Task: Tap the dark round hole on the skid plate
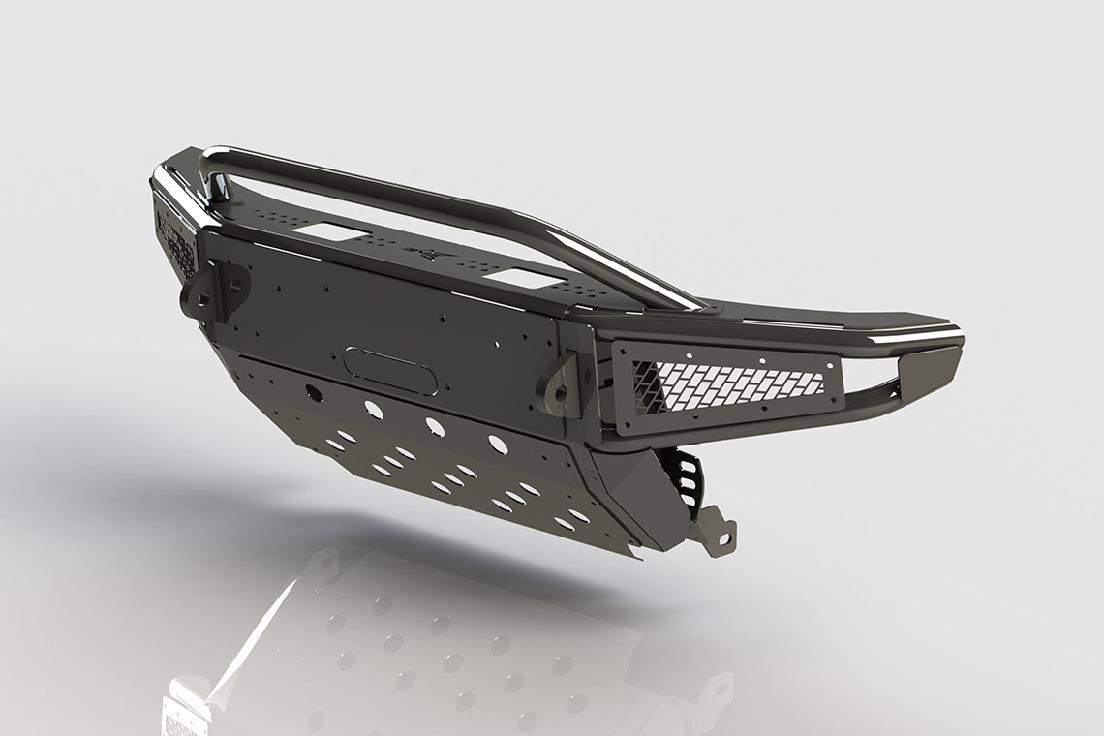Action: (314, 392)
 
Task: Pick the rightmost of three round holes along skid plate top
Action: (498, 445)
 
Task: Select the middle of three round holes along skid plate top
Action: (431, 425)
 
